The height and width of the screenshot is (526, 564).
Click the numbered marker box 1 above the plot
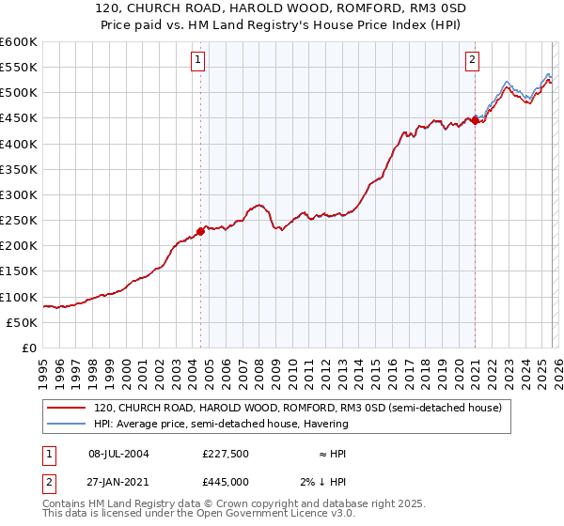(200, 60)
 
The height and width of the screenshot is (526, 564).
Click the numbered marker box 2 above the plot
(472, 60)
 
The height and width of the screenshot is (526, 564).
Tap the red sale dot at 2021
(476, 120)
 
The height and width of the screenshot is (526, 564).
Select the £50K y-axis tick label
(22, 322)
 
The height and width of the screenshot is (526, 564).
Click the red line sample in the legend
(68, 409)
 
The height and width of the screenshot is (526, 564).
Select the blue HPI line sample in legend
(68, 424)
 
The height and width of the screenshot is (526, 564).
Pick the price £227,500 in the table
(226, 454)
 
